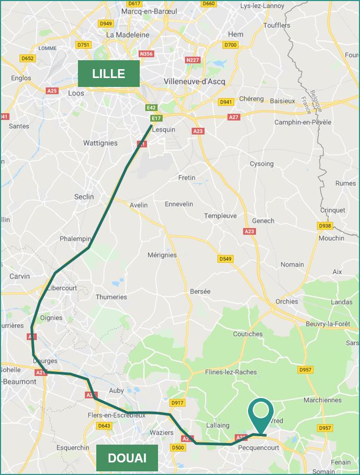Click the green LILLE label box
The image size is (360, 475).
[109, 73]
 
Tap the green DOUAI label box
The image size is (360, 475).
[127, 458]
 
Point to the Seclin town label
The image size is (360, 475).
[84, 196]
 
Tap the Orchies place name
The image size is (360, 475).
[287, 301]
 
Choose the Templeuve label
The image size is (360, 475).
[220, 216]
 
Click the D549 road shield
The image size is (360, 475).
[225, 259]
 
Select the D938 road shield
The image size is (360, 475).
[325, 226]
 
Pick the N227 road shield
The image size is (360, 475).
[193, 60]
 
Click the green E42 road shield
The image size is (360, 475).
[151, 107]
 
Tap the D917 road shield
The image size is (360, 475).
[177, 403]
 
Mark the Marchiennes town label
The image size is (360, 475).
[322, 400]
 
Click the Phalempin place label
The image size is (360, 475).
[75, 238]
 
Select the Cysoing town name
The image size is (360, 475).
[261, 163]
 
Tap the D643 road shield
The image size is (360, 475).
[104, 426]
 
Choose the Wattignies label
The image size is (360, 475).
[100, 143]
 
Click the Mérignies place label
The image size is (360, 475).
[162, 255]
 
